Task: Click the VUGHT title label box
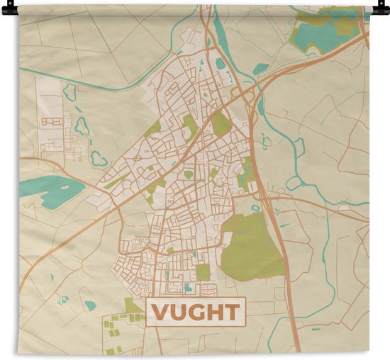(194, 312)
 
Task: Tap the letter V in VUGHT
(161, 313)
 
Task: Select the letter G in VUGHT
(196, 313)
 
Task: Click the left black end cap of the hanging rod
(6, 9)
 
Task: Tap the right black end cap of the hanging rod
(384, 9)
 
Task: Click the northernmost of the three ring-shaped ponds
(69, 91)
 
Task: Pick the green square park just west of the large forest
(204, 272)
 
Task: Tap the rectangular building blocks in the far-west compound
(51, 128)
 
